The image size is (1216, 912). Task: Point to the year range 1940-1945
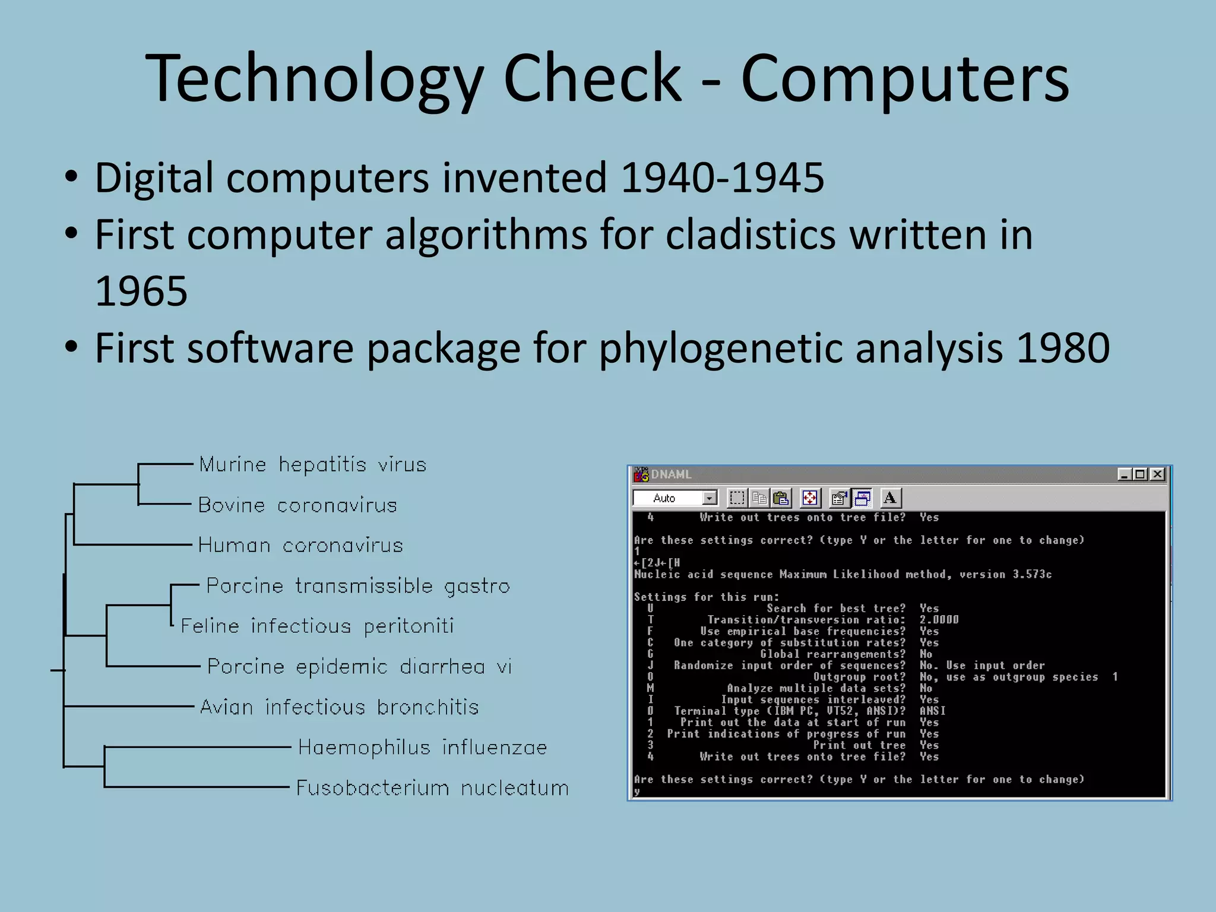click(722, 178)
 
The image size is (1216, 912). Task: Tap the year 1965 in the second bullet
click(141, 291)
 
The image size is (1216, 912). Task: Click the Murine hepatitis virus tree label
click(313, 464)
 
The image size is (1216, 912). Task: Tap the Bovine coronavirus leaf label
click(297, 505)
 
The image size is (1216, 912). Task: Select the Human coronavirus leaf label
click(300, 545)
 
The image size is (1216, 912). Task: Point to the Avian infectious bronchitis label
click(339, 707)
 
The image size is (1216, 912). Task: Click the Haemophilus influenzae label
click(422, 748)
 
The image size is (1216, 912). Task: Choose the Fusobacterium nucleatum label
click(432, 788)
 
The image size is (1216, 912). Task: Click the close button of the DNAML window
click(1157, 474)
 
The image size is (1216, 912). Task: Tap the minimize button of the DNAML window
click(1124, 474)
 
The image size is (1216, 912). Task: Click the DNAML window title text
click(672, 474)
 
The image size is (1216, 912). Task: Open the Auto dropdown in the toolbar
click(710, 498)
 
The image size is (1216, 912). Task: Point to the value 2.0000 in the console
click(939, 620)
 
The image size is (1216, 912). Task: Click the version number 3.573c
click(1032, 574)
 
